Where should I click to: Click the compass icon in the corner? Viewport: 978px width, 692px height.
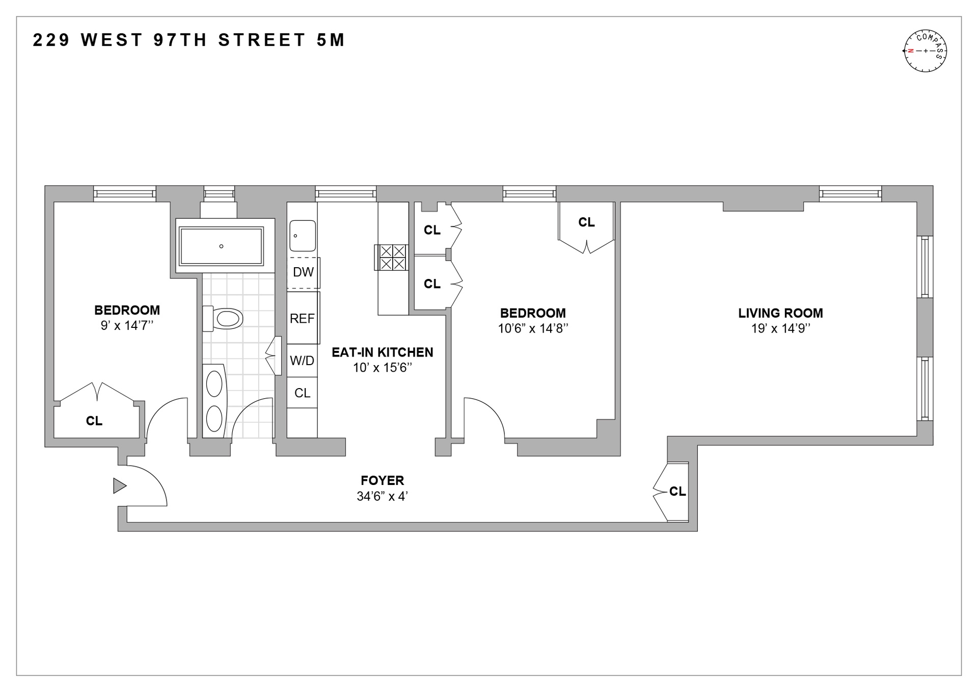click(925, 51)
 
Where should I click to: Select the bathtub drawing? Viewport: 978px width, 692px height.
click(221, 246)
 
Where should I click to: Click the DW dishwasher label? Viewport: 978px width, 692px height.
click(303, 272)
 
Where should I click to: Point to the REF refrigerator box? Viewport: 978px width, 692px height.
click(302, 319)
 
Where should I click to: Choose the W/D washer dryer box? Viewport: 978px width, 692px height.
click(302, 361)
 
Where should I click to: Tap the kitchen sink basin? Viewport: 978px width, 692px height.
click(303, 236)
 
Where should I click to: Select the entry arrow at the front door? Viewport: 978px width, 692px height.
click(119, 486)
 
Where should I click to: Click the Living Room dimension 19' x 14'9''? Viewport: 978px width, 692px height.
click(780, 328)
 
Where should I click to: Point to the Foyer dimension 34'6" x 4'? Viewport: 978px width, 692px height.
click(382, 496)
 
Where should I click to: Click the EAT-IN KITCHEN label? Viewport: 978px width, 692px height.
click(382, 352)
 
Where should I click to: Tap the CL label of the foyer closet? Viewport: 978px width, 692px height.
click(677, 491)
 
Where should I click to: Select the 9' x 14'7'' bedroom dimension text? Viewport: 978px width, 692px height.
click(127, 325)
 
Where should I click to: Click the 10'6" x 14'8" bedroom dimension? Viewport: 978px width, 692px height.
click(532, 328)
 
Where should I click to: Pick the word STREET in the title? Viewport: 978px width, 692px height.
click(262, 40)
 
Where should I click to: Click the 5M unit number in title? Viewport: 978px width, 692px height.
click(331, 40)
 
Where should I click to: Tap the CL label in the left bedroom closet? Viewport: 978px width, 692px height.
click(94, 421)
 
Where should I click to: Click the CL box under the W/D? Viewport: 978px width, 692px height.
click(302, 393)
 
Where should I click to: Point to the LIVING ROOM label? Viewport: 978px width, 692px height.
click(780, 313)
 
